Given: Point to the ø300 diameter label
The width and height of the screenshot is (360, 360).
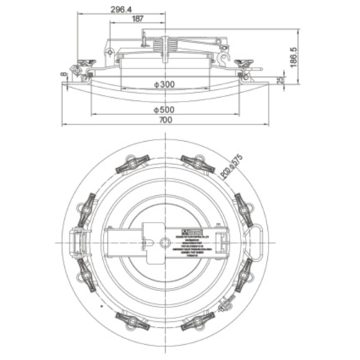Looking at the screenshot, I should coord(166,85).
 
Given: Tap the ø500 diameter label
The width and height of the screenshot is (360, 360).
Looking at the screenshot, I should coord(166,109).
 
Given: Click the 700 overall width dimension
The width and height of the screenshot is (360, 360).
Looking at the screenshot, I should coord(166,121).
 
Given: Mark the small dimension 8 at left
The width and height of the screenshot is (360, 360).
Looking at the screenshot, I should coord(64,74).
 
